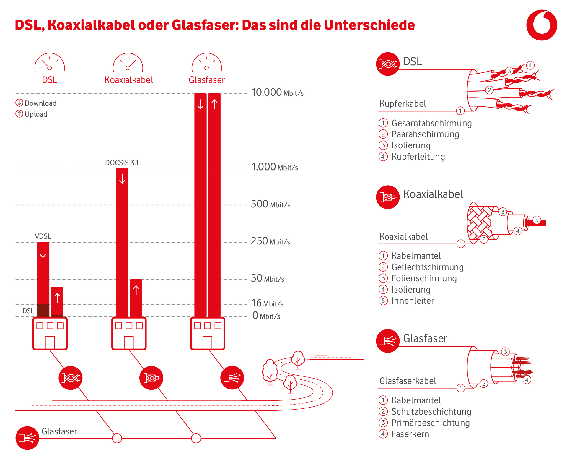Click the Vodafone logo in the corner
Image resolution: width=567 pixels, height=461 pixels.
[x=542, y=25]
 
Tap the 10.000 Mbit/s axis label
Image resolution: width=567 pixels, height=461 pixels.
[x=277, y=92]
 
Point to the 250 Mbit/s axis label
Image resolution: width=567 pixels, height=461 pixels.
[x=270, y=241]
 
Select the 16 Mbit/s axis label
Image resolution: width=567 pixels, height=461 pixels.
[x=267, y=303]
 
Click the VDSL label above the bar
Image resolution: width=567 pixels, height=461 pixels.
[x=43, y=236]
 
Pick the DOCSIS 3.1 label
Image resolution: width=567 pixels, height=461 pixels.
[x=122, y=163]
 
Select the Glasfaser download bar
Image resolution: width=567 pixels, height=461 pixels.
[x=201, y=204]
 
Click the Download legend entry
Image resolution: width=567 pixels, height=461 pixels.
[x=36, y=103]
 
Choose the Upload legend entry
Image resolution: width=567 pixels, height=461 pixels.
[x=32, y=114]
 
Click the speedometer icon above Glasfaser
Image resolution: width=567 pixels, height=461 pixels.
[x=207, y=63]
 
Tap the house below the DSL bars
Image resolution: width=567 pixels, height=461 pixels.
[x=50, y=334]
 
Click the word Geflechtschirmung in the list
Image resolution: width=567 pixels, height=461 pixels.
[x=427, y=267]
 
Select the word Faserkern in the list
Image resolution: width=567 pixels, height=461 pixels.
[x=410, y=434]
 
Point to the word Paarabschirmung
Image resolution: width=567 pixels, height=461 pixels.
[x=425, y=134]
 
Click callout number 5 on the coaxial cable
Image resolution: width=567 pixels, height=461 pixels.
[x=537, y=220]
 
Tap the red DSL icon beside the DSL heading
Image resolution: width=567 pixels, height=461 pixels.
[x=387, y=64]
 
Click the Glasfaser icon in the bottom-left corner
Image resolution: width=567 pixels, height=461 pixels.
[x=27, y=438]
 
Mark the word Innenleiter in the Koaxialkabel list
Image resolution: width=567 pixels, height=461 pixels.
[x=412, y=301]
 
